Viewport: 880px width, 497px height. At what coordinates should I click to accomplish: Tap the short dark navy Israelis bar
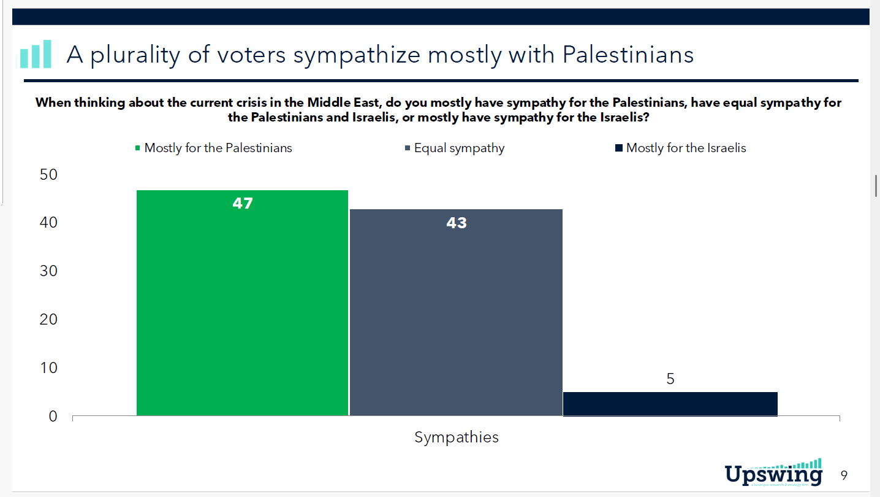click(670, 404)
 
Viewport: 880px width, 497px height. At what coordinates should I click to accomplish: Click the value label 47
click(243, 203)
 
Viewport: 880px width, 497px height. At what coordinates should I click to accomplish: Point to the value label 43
click(457, 223)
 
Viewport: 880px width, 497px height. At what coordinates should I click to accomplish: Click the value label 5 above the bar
click(670, 379)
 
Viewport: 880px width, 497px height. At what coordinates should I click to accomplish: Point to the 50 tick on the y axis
click(48, 174)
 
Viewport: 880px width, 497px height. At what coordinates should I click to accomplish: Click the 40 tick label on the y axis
click(48, 223)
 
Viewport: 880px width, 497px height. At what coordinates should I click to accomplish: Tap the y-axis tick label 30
click(48, 271)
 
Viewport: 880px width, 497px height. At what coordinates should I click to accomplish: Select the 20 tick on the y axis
click(48, 319)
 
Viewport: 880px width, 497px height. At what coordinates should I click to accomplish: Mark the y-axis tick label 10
click(48, 368)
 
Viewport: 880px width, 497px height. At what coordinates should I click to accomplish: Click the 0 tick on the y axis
click(52, 416)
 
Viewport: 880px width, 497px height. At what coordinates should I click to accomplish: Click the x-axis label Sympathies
click(457, 437)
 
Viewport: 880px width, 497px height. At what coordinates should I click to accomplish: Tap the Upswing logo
click(773, 472)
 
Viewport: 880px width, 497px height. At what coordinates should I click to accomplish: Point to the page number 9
click(844, 475)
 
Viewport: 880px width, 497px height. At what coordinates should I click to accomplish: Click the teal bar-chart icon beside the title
click(36, 54)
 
